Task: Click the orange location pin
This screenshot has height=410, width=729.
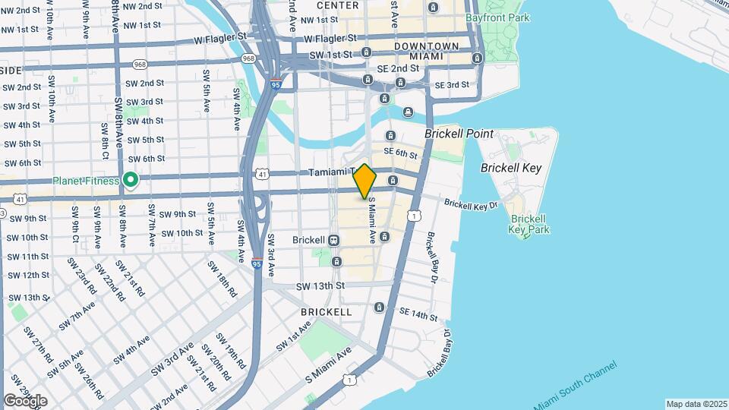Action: pyautogui.click(x=365, y=181)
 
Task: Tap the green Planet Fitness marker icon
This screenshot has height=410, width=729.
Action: pyautogui.click(x=131, y=180)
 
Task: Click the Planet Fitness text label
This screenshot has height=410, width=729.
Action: pyautogui.click(x=85, y=181)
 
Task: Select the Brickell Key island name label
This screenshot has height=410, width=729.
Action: pyautogui.click(x=511, y=168)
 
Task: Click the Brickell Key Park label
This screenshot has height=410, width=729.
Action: pyautogui.click(x=528, y=223)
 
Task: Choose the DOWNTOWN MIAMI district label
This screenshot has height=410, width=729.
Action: pyautogui.click(x=426, y=52)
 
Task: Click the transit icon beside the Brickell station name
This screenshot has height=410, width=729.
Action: pyautogui.click(x=333, y=239)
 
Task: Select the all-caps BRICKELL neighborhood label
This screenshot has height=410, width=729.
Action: pyautogui.click(x=326, y=312)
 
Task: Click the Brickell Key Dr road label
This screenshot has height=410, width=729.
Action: pyautogui.click(x=471, y=204)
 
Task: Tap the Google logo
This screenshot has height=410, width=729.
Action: pyautogui.click(x=25, y=400)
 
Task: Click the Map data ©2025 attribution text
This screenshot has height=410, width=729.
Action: pyautogui.click(x=696, y=404)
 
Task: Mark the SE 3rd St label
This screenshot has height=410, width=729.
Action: pyautogui.click(x=453, y=85)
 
